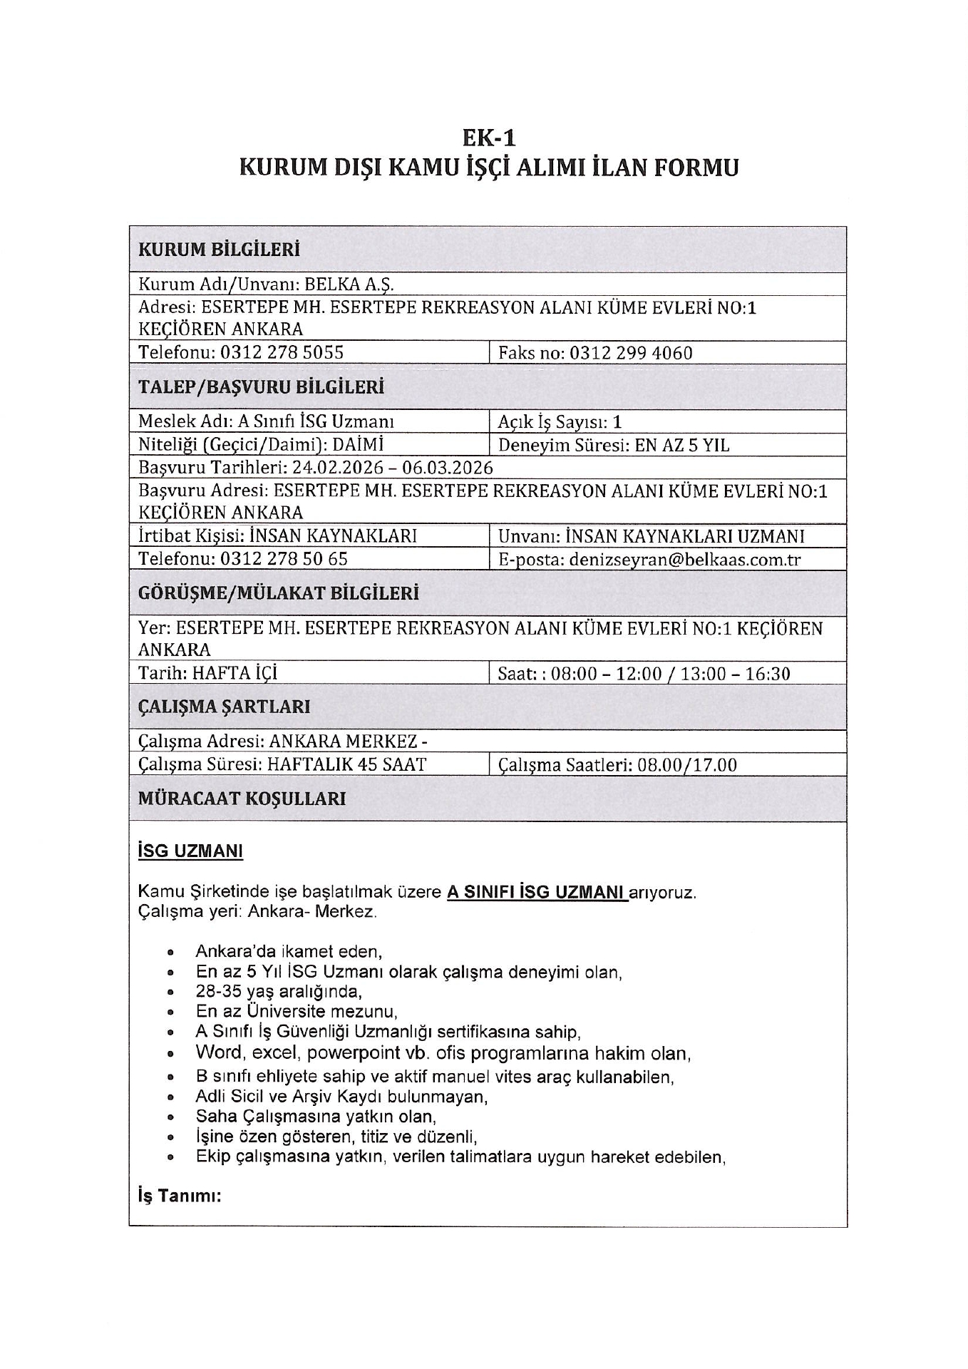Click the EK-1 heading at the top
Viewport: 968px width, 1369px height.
[488, 136]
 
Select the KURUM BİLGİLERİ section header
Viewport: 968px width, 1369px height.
[219, 250]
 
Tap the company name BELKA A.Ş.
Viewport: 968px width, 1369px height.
[349, 284]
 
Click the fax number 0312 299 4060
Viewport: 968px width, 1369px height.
[630, 353]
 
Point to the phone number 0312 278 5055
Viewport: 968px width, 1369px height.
[282, 353]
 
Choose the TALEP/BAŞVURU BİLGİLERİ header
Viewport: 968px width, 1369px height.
[261, 387]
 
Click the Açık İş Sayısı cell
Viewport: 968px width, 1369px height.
[560, 422]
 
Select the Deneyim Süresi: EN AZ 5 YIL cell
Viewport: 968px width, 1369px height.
[614, 446]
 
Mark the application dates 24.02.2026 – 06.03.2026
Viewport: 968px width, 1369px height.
[393, 468]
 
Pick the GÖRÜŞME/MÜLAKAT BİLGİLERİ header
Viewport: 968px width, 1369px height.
[279, 593]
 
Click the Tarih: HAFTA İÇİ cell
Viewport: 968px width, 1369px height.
[207, 674]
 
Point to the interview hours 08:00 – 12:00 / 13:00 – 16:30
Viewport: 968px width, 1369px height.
[671, 674]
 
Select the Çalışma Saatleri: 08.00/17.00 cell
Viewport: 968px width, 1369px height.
[617, 765]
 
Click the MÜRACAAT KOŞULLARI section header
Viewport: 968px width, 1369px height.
[242, 799]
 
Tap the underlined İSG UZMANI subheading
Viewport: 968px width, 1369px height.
[190, 851]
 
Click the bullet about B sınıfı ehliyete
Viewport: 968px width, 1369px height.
[435, 1076]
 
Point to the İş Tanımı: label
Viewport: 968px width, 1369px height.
[180, 1196]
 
